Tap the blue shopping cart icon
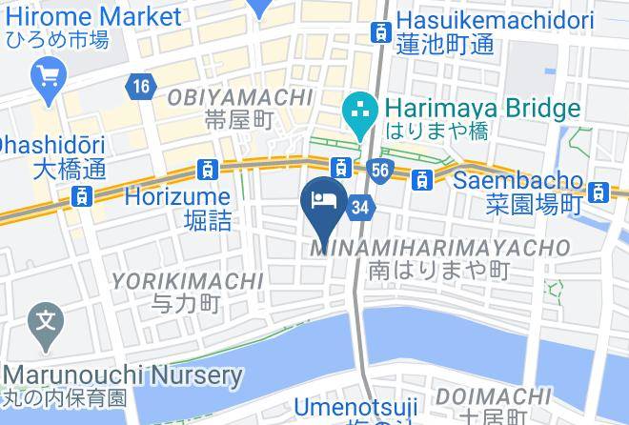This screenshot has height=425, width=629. click(x=47, y=74)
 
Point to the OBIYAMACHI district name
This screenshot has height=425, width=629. click(x=240, y=97)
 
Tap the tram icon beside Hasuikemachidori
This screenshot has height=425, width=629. click(x=380, y=30)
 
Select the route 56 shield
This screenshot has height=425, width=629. click(x=377, y=170)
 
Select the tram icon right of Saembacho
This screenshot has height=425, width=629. click(x=598, y=192)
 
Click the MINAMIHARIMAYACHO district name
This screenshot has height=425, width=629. click(x=441, y=248)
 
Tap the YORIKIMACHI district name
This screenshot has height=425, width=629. click(x=188, y=281)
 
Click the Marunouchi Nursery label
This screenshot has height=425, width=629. click(x=122, y=374)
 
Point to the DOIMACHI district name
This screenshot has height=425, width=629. click(x=491, y=396)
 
